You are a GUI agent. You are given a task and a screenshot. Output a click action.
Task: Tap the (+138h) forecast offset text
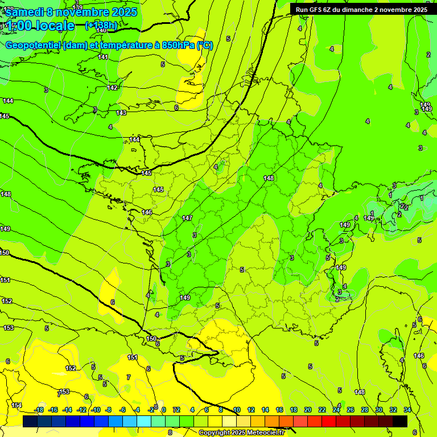pos(101,25)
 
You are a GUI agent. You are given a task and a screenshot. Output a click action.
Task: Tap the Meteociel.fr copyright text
pos(241,433)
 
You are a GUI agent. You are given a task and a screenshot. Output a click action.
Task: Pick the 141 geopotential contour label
pos(103,57)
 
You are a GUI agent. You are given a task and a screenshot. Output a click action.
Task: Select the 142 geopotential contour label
pos(113,88)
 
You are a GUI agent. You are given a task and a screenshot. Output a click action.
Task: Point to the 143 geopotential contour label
pos(121,113)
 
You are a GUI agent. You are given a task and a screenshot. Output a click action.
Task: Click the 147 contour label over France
pos(187,218)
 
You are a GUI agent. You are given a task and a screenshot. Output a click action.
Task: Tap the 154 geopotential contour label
pos(17,405)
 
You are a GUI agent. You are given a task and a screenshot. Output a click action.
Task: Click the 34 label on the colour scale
pos(407,410)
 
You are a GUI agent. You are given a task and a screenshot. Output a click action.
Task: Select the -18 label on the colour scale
pos(39,410)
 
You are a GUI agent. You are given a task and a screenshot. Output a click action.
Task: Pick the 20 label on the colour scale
pos(308,410)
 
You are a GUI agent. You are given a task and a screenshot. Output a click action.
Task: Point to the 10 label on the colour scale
pos(236,410)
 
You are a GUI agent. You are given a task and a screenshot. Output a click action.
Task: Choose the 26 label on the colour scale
pos(351,410)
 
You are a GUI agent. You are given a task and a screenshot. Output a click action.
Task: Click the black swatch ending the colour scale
pos(400,421)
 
